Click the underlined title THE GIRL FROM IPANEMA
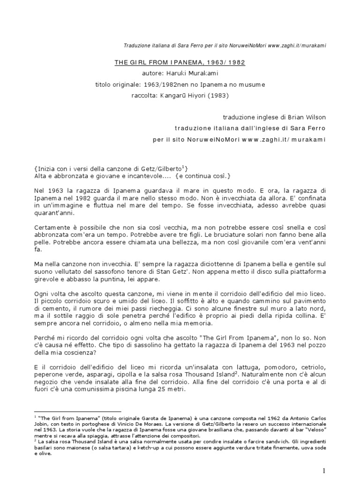click(180, 62)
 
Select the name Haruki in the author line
click(176, 73)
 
